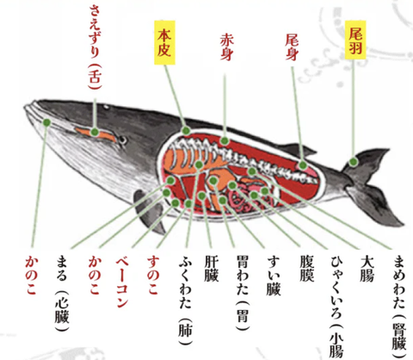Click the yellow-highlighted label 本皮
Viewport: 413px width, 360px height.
tap(164, 42)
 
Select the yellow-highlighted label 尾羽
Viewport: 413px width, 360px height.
tap(355, 40)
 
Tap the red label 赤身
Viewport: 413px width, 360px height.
tap(226, 47)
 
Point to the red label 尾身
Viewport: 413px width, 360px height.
tap(292, 47)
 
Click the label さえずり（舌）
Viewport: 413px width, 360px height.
tap(95, 47)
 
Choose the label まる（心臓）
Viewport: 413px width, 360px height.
tap(62, 293)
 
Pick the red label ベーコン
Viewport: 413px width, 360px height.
tap(122, 282)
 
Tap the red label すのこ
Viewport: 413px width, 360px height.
tap(153, 275)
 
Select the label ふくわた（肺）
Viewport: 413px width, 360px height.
tap(185, 300)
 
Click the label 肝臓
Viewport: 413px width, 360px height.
tap(212, 269)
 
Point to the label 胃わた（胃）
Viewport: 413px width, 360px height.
tap(243, 293)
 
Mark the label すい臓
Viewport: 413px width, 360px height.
tap(274, 276)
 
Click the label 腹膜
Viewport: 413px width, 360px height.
tap(306, 269)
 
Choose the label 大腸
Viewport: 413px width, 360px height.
tap(367, 269)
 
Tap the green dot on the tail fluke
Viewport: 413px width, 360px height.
tap(354, 162)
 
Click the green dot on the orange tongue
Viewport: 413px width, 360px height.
tap(95, 133)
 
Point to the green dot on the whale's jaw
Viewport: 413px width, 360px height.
tap(46, 122)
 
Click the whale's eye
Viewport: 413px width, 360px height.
tap(123, 140)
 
